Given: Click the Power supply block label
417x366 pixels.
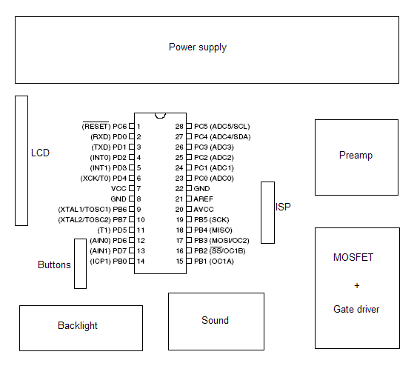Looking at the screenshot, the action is pyautogui.click(x=198, y=47).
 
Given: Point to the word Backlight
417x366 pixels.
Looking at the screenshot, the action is pyautogui.click(x=78, y=325).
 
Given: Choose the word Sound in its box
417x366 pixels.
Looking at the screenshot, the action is pyautogui.click(x=215, y=320).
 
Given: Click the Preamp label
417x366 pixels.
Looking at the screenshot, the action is pyautogui.click(x=356, y=156).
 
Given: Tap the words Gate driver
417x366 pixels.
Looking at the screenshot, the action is pyautogui.click(x=356, y=310).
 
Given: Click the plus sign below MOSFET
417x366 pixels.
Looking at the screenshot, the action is pyautogui.click(x=357, y=286).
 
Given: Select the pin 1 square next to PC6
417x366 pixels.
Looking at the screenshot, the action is pyautogui.click(x=132, y=126).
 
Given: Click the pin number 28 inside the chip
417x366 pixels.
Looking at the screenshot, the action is pyautogui.click(x=179, y=127).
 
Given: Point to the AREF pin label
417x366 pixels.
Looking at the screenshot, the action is pyautogui.click(x=204, y=199).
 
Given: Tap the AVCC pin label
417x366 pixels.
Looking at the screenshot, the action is pyautogui.click(x=204, y=210).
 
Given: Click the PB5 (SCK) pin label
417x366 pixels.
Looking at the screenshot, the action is pyautogui.click(x=211, y=220).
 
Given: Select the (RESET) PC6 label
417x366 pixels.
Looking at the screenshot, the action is pyautogui.click(x=104, y=126).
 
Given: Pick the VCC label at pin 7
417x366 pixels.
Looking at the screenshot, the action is pyautogui.click(x=119, y=189).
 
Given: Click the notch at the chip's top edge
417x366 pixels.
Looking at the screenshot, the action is pyautogui.click(x=160, y=116).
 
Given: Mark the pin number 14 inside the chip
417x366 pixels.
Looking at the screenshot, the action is pyautogui.click(x=141, y=262).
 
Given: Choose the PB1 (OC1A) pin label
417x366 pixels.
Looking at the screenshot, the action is pyautogui.click(x=214, y=262).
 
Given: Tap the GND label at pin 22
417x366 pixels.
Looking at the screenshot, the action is pyautogui.click(x=202, y=189).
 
